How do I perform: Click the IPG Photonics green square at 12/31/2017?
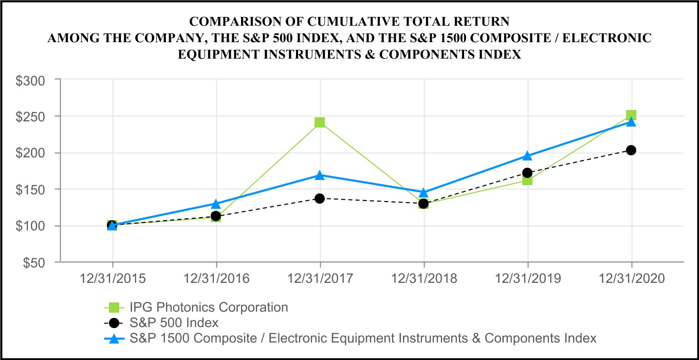pos(320,122)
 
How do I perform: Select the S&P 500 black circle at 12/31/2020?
pos(631,150)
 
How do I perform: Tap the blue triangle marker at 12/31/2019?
pos(527,156)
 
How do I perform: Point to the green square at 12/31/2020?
pos(631,115)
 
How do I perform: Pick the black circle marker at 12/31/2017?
pos(320,199)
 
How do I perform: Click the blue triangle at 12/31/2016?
pos(216,204)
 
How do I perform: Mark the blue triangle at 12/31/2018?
pos(424,193)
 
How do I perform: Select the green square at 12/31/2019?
pos(527,180)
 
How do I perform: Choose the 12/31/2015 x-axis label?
pos(112,279)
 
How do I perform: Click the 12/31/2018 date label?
pos(424,279)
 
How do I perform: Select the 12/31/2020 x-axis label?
pos(631,279)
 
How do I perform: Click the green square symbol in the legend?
pos(115,308)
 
